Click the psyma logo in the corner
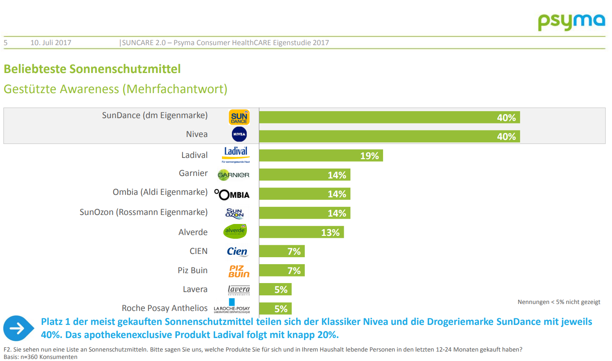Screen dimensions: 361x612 (571, 22)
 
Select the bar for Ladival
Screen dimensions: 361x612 (321, 155)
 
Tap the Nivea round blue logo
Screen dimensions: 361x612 (239, 134)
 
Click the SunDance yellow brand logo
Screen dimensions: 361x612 (239, 117)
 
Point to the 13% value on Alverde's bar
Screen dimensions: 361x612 (330, 233)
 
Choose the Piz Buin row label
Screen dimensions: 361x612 (192, 270)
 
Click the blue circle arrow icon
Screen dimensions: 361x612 (17, 328)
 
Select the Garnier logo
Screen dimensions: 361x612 (233, 175)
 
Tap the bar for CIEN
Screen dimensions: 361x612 (282, 251)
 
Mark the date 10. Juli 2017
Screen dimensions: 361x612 (51, 43)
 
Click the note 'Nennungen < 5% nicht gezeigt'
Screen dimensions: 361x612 (559, 302)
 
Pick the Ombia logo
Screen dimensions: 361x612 (232, 194)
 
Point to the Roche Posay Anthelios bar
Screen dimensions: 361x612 (275, 308)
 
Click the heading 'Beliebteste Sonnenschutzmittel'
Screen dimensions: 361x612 (92, 69)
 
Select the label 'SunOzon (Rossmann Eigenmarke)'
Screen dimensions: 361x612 (144, 212)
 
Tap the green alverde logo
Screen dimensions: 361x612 (235, 231)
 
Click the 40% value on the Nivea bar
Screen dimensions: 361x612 (506, 137)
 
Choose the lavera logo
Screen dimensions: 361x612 (239, 290)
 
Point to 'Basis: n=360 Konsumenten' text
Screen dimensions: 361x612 (41, 357)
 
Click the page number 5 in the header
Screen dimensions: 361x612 (6, 43)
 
